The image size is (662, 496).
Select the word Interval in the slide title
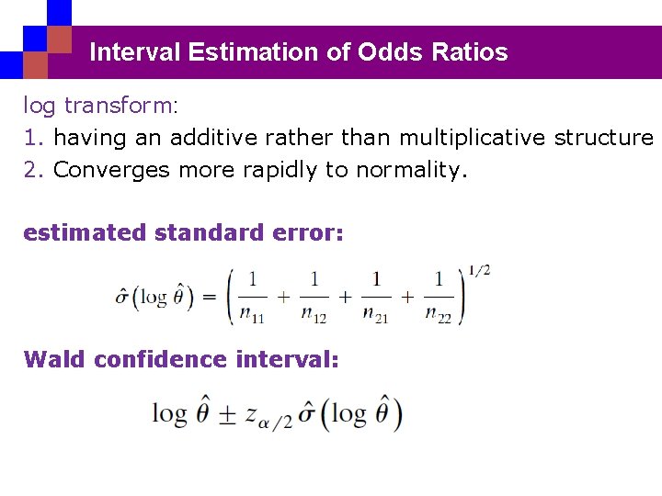(x=135, y=52)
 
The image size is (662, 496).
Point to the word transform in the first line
(x=117, y=106)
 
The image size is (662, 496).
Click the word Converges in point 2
(x=111, y=170)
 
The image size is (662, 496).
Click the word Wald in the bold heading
(x=52, y=359)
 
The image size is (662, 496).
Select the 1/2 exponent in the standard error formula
(x=478, y=270)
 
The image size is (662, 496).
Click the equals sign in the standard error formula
(x=208, y=298)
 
